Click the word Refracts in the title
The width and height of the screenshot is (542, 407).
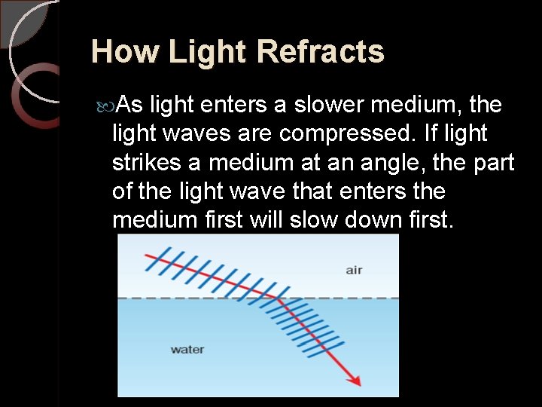coord(320,52)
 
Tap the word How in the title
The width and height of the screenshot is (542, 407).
coord(125,52)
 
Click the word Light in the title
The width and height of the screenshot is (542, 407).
coord(209,52)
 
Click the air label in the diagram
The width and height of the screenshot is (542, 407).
coord(354,270)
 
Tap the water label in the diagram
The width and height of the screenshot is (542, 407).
coord(187,349)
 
